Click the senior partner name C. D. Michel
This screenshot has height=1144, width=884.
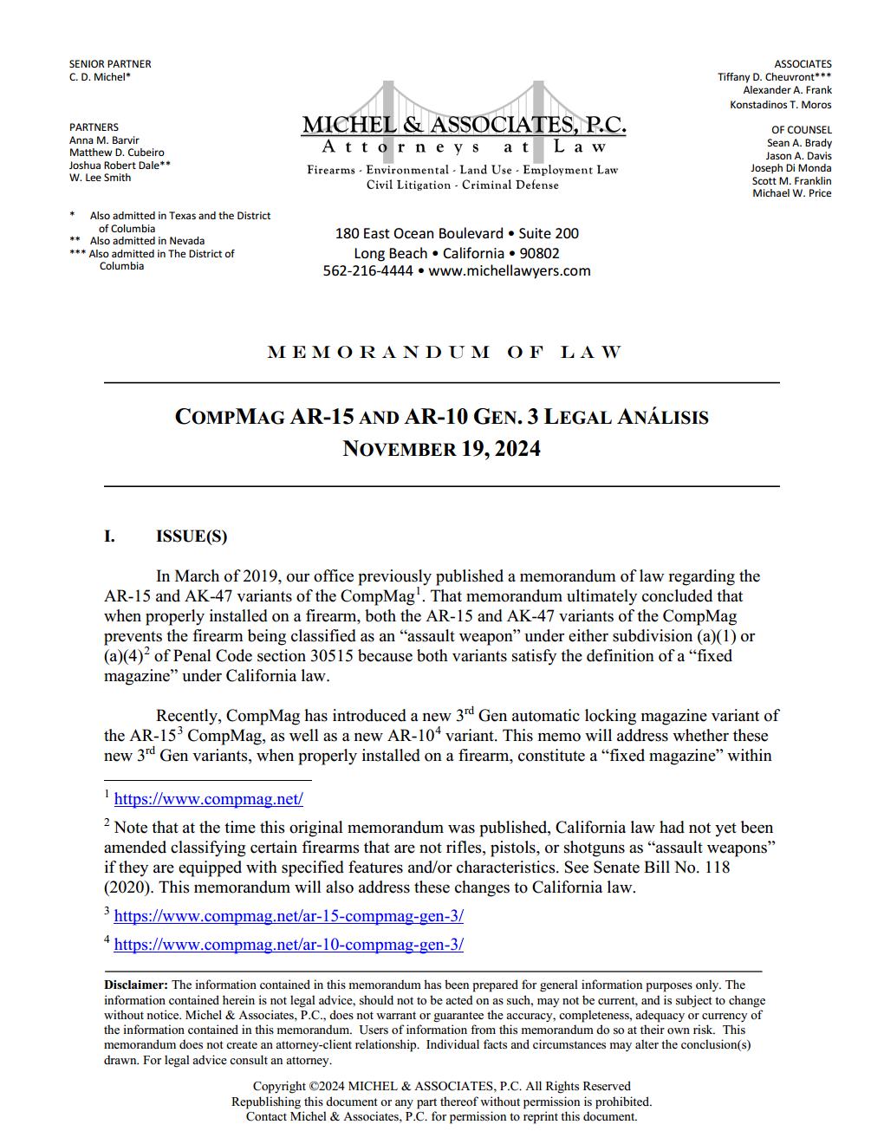coord(98,77)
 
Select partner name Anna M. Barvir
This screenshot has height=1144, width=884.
coord(103,140)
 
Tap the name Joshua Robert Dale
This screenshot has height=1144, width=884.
coord(117,165)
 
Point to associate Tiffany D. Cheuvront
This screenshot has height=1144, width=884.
coord(771,77)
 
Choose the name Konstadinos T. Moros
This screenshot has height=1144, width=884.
coord(780,105)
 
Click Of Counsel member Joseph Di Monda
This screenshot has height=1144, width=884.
coord(790,168)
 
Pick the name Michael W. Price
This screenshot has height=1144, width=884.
coord(791,193)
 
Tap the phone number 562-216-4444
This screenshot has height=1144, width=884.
coord(367,270)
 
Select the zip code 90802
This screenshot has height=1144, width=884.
coord(539,253)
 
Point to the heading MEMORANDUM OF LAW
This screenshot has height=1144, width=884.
coord(445,352)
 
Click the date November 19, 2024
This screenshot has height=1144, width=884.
coord(441,449)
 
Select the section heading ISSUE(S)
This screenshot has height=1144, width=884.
coord(191,536)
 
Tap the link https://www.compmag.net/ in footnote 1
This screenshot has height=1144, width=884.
coord(208,799)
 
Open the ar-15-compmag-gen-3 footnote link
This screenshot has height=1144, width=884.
coord(289,915)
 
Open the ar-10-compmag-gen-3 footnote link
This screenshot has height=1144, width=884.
coord(289,945)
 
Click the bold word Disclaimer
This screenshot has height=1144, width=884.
coord(135,985)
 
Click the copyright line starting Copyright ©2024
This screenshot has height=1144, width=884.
coord(441,1086)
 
